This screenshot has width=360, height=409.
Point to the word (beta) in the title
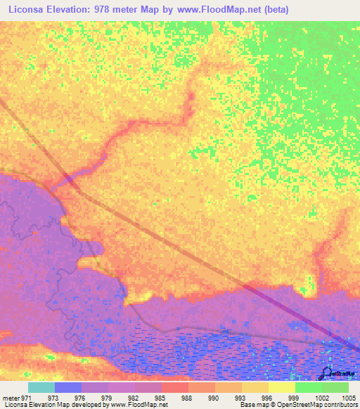tap(272, 8)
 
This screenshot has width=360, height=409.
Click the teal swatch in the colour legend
tap(41, 387)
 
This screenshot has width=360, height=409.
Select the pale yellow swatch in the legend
tap(282, 387)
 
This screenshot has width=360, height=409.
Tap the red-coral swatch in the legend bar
tap(175, 387)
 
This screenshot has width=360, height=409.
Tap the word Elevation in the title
tap(72, 8)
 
